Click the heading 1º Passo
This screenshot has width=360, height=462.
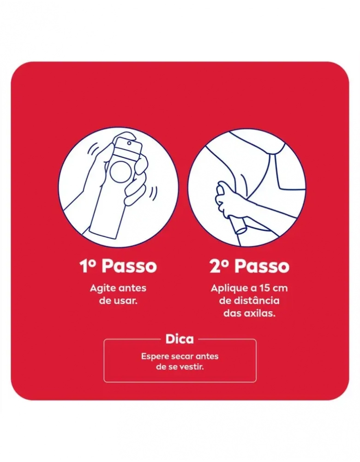pyautogui.click(x=118, y=267)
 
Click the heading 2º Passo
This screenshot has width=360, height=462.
pyautogui.click(x=249, y=267)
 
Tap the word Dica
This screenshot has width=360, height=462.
pyautogui.click(x=180, y=339)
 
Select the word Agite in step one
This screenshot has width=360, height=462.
pyautogui.click(x=102, y=288)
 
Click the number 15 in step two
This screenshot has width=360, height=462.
pyautogui.click(x=264, y=288)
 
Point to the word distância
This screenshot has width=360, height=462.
pyautogui.click(x=256, y=301)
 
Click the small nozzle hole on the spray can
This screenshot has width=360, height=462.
pyautogui.click(x=129, y=143)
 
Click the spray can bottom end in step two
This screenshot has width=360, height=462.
pyautogui.click(x=240, y=229)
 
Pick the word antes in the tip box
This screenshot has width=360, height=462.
pyautogui.click(x=207, y=357)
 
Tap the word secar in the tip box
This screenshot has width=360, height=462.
pyautogui.click(x=182, y=357)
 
